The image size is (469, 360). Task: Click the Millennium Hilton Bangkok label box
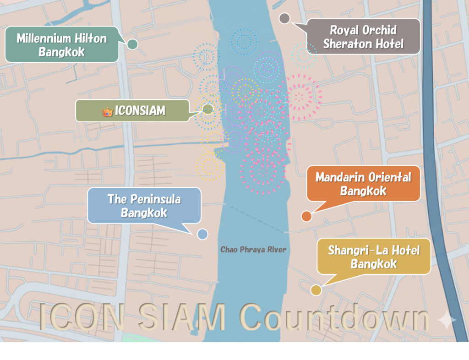click(x=62, y=44)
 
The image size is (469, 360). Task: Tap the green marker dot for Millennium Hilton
click(x=132, y=44)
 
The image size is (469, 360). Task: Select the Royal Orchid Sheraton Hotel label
click(x=363, y=37)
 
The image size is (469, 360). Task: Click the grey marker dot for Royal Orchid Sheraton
click(x=284, y=18)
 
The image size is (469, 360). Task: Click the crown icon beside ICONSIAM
click(x=108, y=111)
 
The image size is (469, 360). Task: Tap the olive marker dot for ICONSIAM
click(x=208, y=109)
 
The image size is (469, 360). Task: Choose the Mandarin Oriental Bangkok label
click(x=363, y=183)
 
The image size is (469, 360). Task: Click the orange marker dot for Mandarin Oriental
click(x=306, y=216)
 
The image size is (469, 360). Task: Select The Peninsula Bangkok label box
click(x=144, y=206)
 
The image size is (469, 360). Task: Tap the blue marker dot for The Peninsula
click(x=202, y=234)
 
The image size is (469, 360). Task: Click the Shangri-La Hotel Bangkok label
click(x=374, y=256)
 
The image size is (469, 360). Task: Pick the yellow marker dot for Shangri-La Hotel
click(x=316, y=289)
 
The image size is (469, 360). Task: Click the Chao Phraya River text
click(x=253, y=250)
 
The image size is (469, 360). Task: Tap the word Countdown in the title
click(x=335, y=317)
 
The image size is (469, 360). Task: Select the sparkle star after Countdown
click(x=447, y=320)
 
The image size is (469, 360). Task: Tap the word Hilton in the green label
click(x=90, y=38)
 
